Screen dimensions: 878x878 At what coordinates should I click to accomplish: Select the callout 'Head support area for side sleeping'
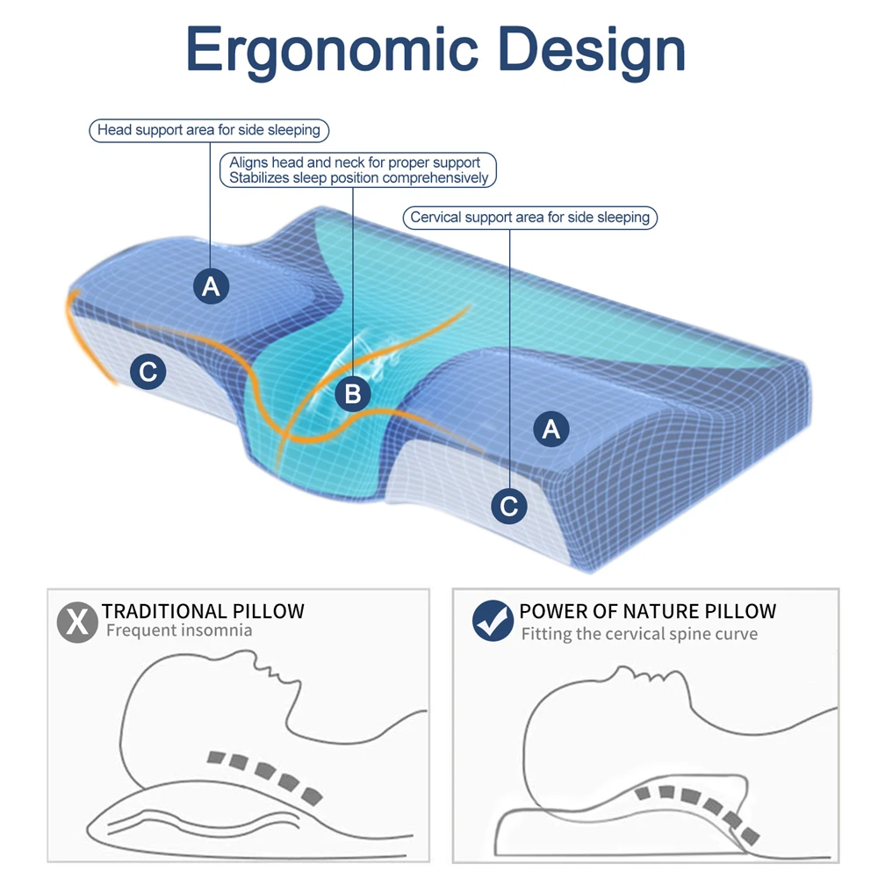(x=209, y=130)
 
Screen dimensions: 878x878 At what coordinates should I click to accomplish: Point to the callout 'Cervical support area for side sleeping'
(x=530, y=217)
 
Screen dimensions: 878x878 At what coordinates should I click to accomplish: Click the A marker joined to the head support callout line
(x=211, y=285)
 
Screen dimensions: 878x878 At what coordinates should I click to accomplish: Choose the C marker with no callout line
(x=148, y=373)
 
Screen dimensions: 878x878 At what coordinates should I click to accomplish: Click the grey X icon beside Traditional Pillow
(x=77, y=622)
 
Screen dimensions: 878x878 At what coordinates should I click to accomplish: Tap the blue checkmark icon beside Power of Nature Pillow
(x=493, y=622)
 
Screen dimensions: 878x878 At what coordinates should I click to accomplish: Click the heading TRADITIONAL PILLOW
(x=203, y=611)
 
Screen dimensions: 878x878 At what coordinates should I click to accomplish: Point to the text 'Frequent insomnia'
(x=179, y=630)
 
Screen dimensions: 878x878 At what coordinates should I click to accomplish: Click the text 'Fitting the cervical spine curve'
(x=639, y=633)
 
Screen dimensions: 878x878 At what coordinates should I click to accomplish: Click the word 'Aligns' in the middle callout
(x=248, y=162)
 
